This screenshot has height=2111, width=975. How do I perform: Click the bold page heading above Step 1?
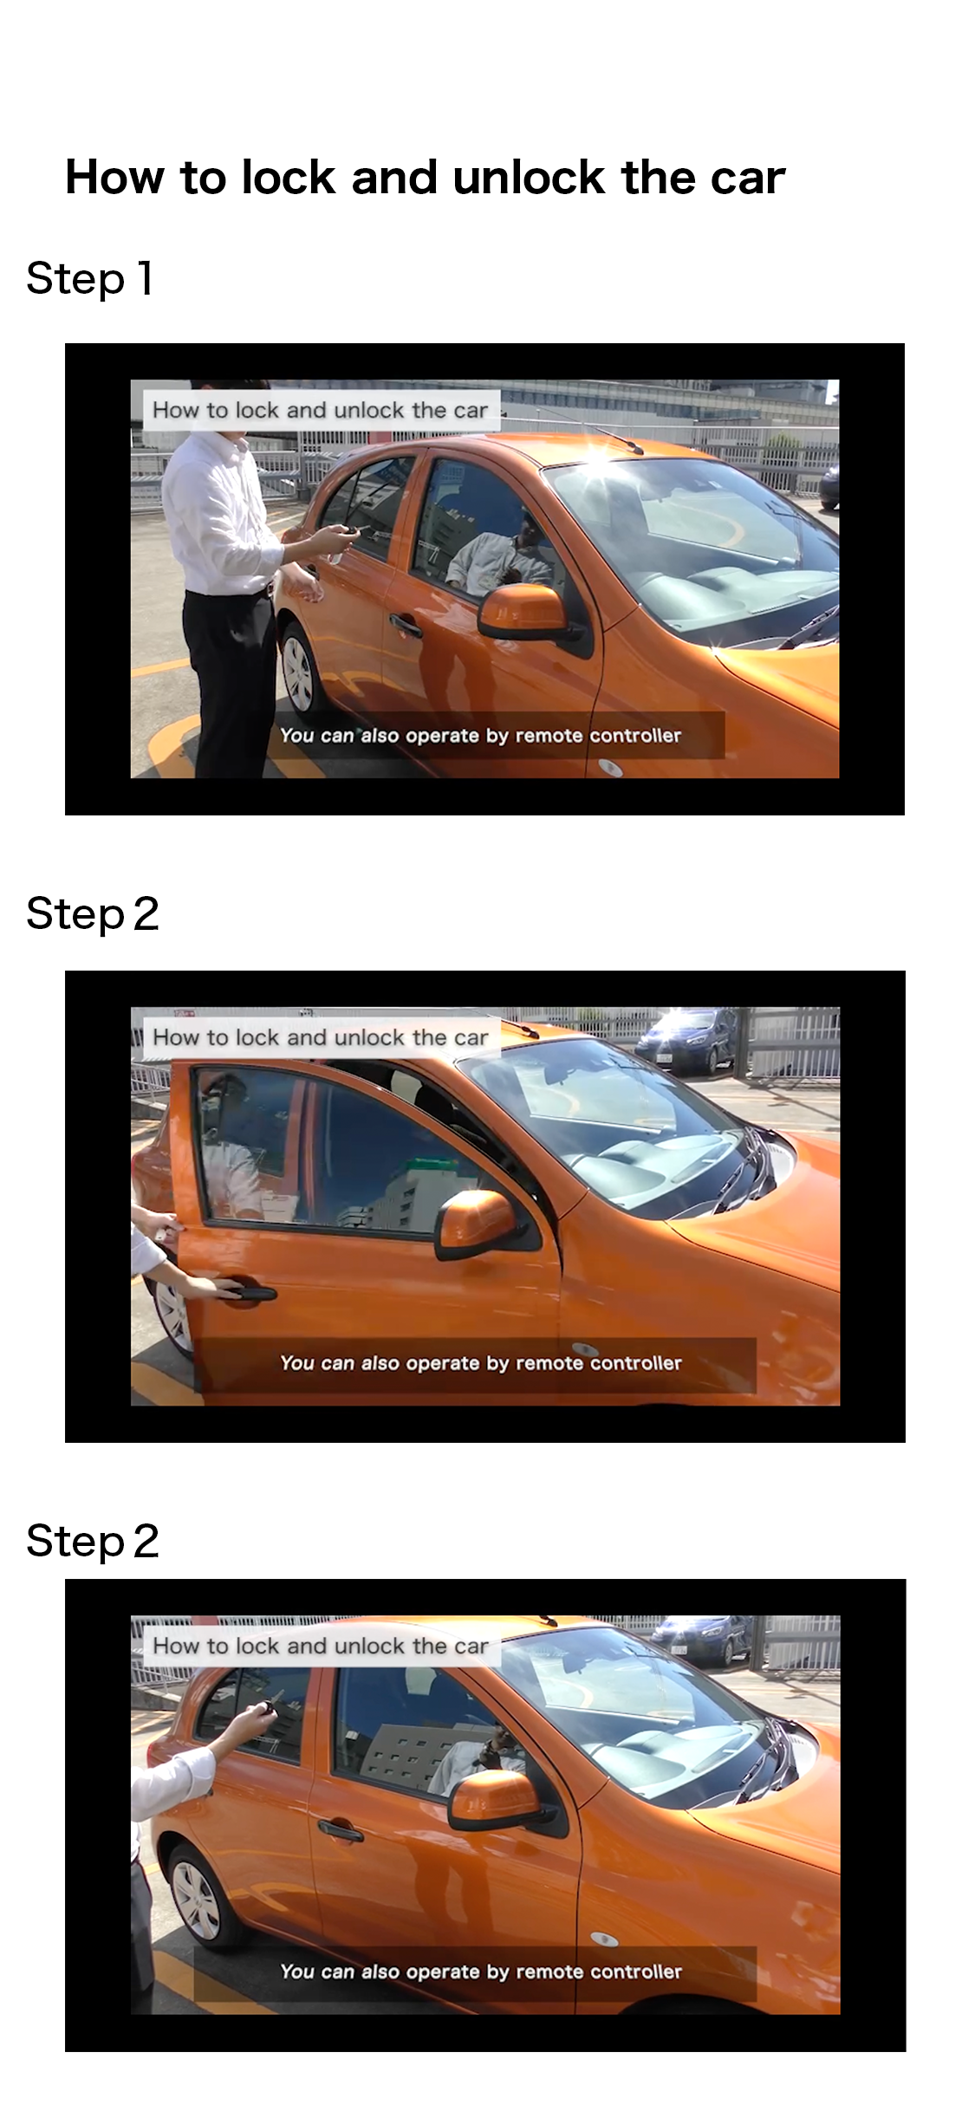pyautogui.click(x=425, y=179)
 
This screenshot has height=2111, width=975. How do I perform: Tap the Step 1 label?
pyautogui.click(x=90, y=279)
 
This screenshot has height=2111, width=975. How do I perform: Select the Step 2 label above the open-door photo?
pyautogui.click(x=93, y=914)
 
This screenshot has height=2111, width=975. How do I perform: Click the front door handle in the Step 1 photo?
pyautogui.click(x=405, y=623)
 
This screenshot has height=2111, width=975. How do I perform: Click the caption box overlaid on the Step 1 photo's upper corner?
pyautogui.click(x=322, y=410)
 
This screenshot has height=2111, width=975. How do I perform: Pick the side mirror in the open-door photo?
pyautogui.click(x=477, y=1225)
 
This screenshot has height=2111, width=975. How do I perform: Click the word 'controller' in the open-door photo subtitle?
pyautogui.click(x=636, y=1363)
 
